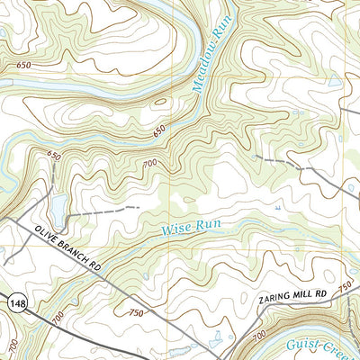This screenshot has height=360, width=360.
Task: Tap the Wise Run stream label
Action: click(x=191, y=227)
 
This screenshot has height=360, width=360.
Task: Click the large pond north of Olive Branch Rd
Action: click(x=58, y=211)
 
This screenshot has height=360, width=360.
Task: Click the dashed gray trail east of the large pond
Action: click(x=108, y=211)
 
